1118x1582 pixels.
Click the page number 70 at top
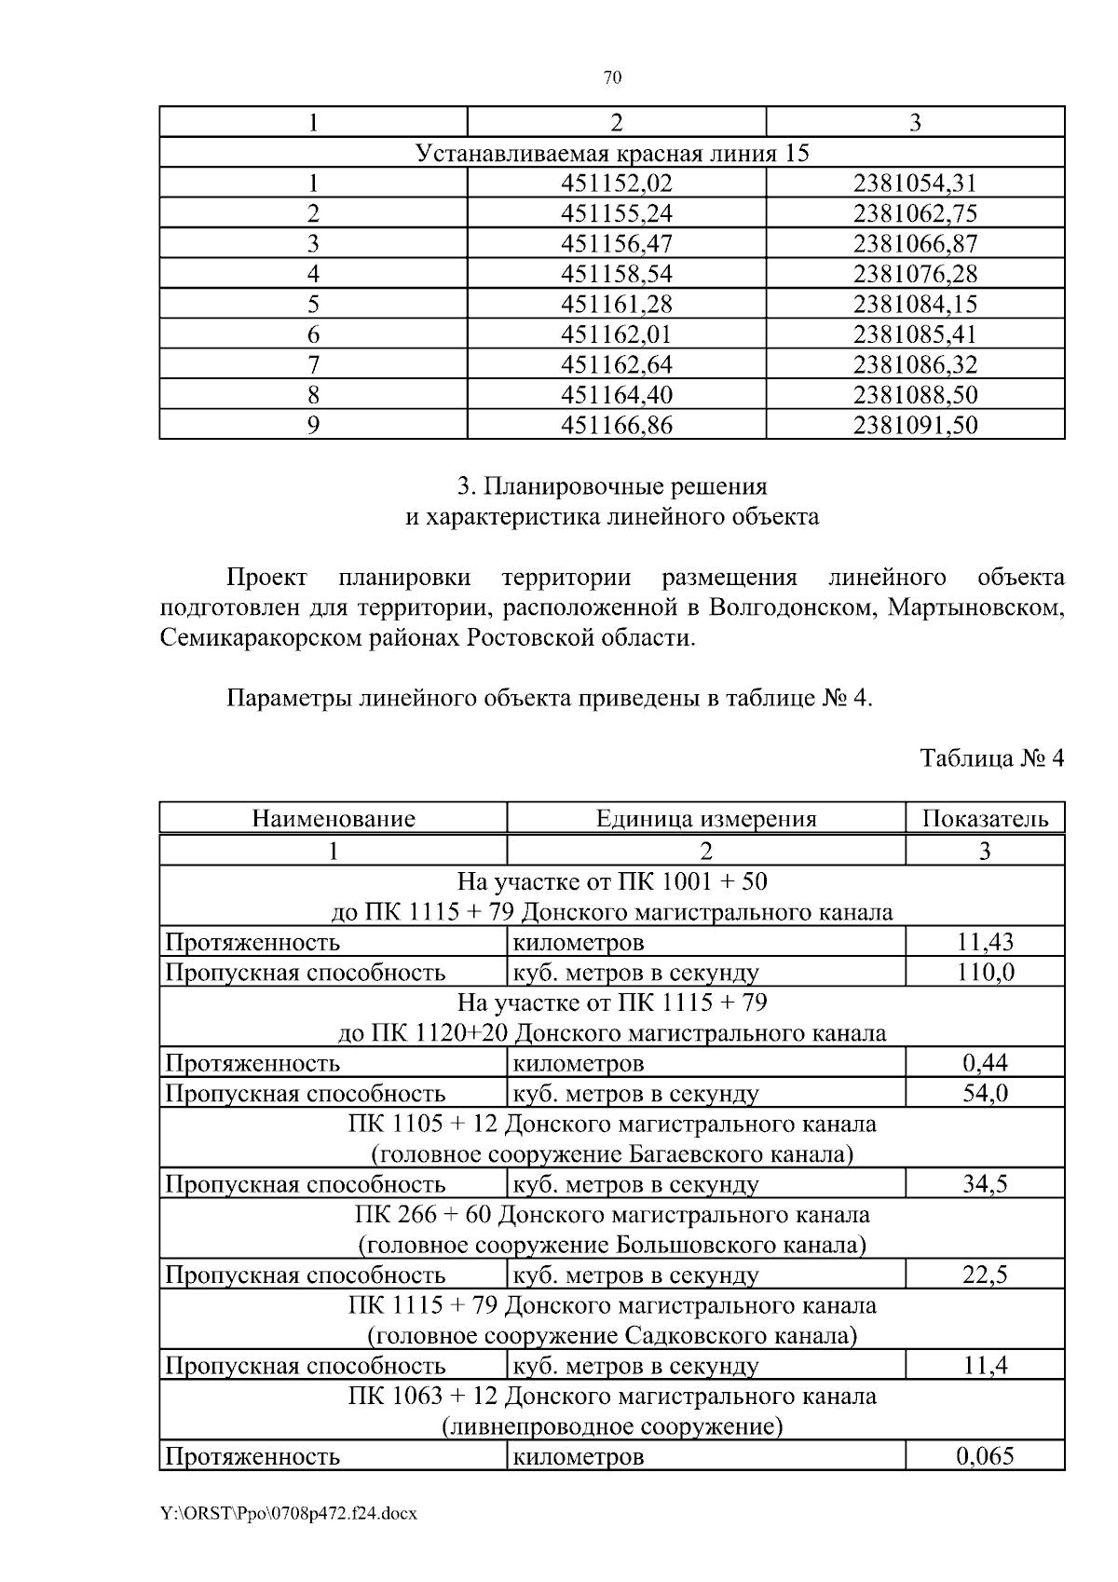(x=612, y=77)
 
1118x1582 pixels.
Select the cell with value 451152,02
(x=616, y=184)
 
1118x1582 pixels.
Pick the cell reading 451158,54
(x=616, y=274)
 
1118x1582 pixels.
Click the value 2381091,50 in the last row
(x=915, y=426)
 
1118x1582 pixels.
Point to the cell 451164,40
(x=616, y=395)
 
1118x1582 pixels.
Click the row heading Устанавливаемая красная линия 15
(x=611, y=153)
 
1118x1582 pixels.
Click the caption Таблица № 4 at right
(x=991, y=757)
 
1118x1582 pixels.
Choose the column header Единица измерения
(x=706, y=819)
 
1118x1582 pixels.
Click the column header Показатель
(x=985, y=819)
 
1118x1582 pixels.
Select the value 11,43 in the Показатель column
(x=985, y=942)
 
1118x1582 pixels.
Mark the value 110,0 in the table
(x=985, y=973)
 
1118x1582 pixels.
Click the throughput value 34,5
(x=985, y=1184)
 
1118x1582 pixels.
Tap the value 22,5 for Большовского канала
(x=985, y=1275)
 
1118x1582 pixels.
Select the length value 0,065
(x=985, y=1456)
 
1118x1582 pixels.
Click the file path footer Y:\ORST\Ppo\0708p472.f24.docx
(x=288, y=1514)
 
